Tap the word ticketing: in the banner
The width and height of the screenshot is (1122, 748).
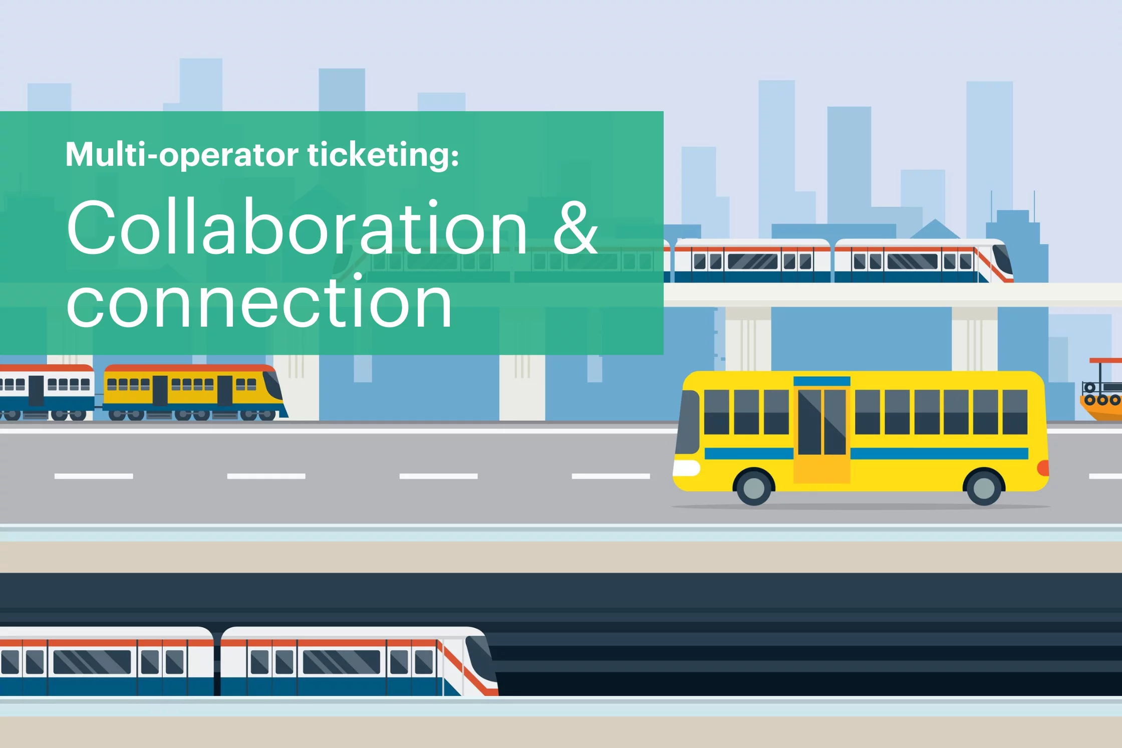click(x=383, y=155)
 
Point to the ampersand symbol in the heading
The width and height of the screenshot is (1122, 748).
click(x=576, y=228)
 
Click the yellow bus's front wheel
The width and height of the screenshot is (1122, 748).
click(x=754, y=487)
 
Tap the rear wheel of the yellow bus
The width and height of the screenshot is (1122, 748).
click(x=984, y=487)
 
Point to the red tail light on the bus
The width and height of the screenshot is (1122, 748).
click(x=1043, y=468)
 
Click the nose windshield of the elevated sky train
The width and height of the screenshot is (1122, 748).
click(x=1002, y=259)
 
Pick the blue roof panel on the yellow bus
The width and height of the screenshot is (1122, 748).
click(x=822, y=381)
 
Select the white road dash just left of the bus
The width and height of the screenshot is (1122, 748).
click(x=611, y=476)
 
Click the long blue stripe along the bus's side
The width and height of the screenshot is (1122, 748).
click(x=939, y=453)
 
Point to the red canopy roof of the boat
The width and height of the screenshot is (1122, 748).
click(x=1106, y=360)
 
